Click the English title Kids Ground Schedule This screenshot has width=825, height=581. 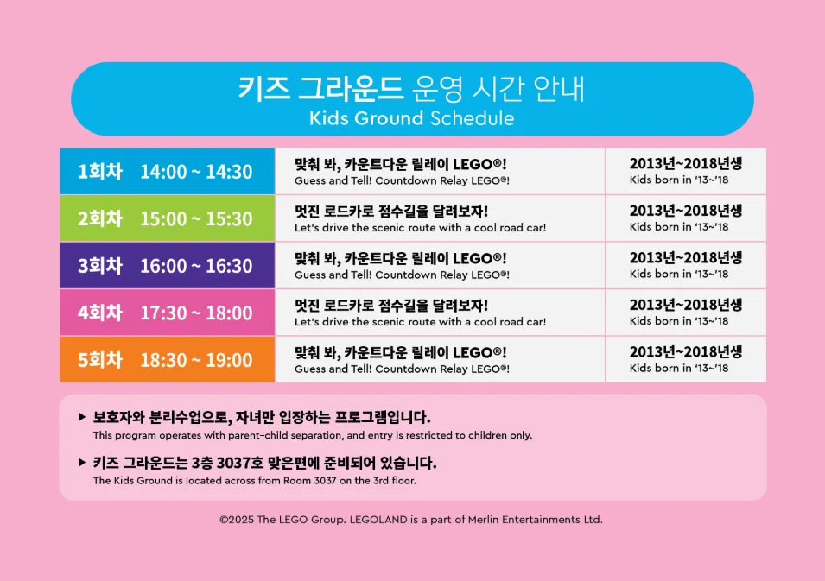411,118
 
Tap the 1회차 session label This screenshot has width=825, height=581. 100,172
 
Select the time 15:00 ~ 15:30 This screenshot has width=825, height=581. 196,218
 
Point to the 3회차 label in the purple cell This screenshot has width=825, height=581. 100,266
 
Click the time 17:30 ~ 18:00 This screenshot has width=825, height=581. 196,313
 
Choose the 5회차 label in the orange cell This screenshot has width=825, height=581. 100,360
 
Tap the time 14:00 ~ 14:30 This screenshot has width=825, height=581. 196,172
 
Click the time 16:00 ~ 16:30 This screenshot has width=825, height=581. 196,266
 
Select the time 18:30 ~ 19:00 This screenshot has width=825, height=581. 196,360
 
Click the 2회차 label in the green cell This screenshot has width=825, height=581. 100,218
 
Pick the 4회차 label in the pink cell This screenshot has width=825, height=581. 100,313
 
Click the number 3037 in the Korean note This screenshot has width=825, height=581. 233,463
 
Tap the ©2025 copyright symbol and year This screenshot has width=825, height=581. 237,520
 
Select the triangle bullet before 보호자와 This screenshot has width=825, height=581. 82,417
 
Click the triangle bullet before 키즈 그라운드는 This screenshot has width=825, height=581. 82,463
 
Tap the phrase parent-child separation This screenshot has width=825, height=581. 284,435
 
